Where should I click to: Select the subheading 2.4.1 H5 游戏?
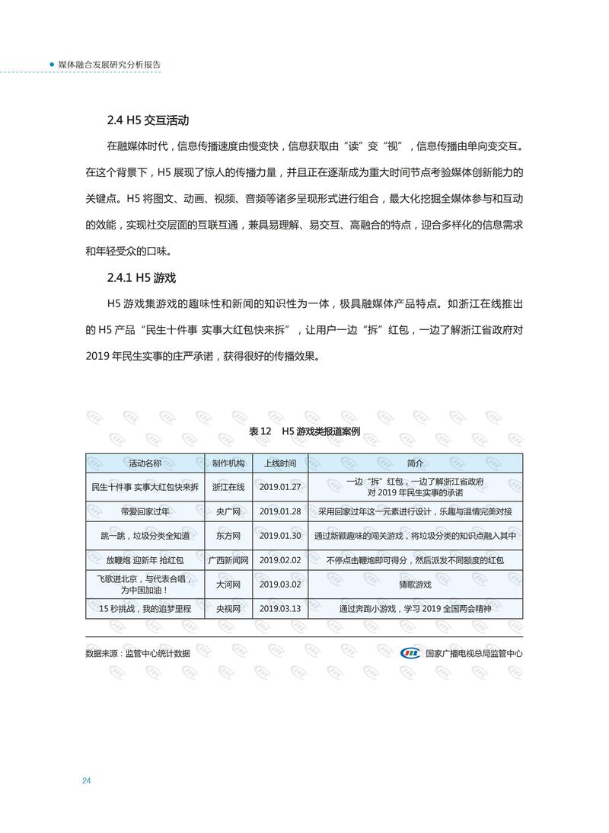tap(142, 277)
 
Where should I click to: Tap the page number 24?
tap(87, 781)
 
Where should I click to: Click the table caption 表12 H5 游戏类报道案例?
tap(304, 431)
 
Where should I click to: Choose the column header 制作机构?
tap(228, 463)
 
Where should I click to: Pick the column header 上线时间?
tap(280, 463)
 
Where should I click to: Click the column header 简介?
tap(415, 463)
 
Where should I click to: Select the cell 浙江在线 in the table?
tap(228, 487)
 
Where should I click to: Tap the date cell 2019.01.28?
tap(280, 511)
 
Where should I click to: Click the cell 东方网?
tap(228, 536)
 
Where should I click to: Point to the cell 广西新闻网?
tap(228, 560)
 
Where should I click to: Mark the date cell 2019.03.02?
tap(280, 585)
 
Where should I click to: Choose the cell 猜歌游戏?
tap(415, 585)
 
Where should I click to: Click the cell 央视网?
tap(228, 609)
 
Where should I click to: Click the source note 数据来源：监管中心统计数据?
tap(138, 653)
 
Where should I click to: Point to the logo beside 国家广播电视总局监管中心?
tap(410, 653)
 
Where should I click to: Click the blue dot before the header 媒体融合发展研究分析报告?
tap(52, 65)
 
